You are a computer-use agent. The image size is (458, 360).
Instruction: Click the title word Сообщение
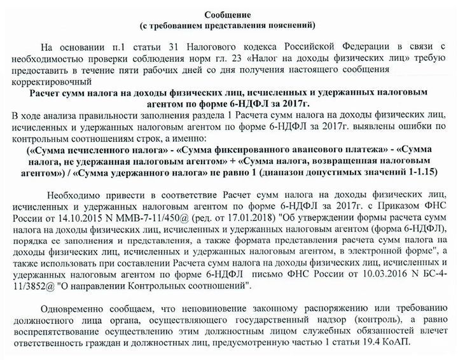(x=228, y=15)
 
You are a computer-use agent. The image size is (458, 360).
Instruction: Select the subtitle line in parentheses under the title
(x=228, y=25)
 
